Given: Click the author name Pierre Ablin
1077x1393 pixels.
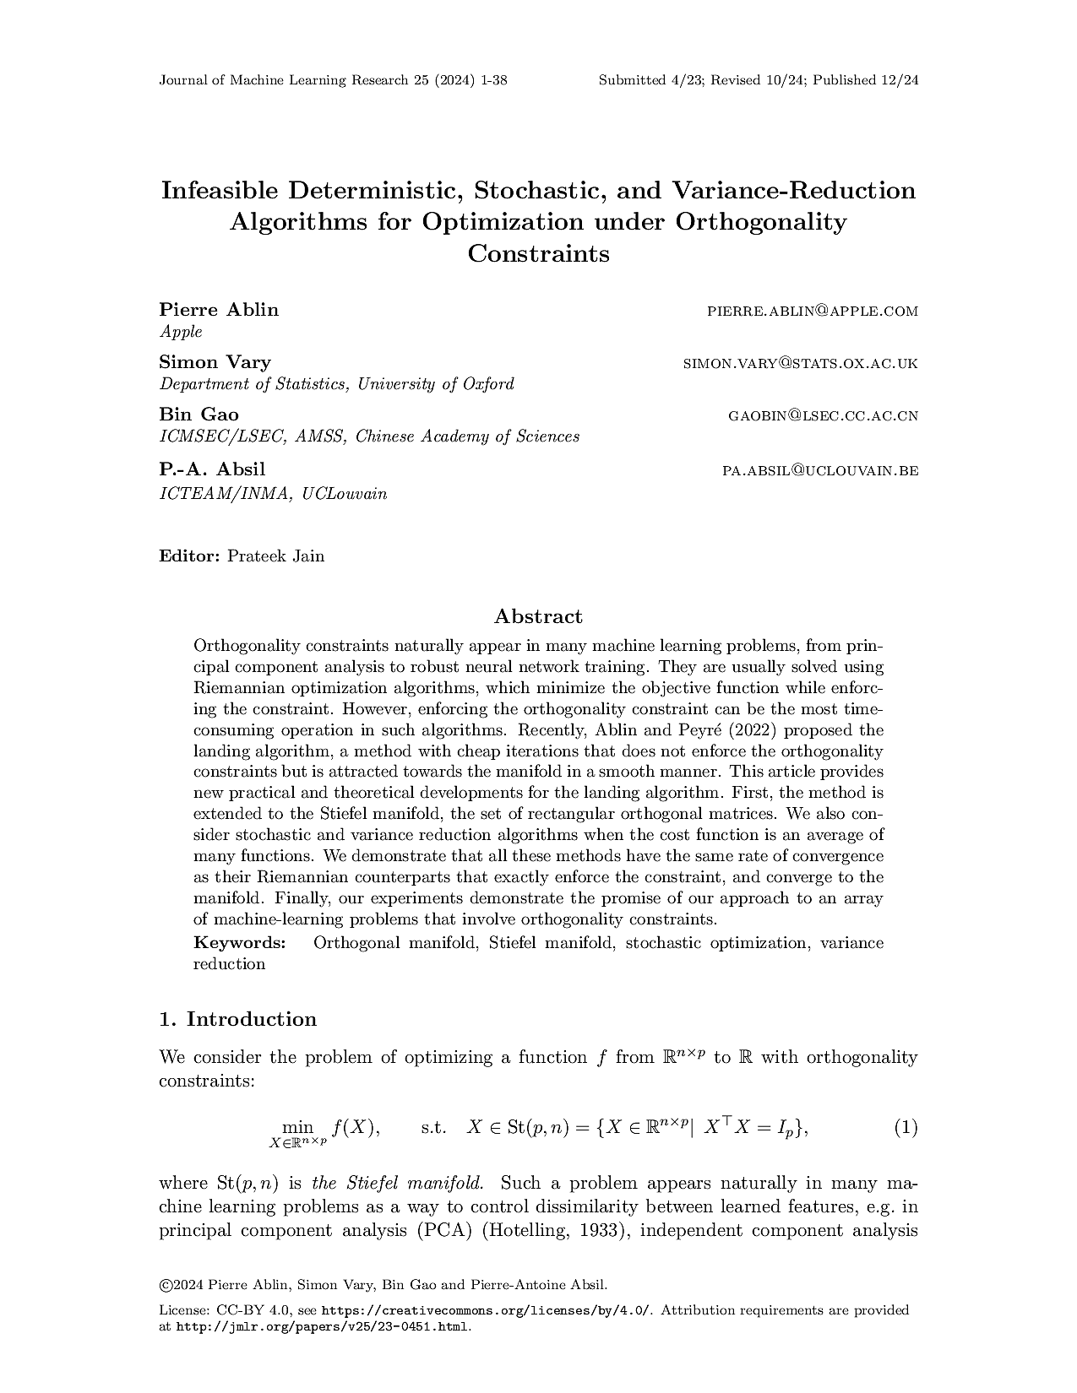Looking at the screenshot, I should pos(219,310).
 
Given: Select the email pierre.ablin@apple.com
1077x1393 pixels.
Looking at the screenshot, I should pos(812,312).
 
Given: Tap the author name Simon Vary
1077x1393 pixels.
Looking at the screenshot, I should pos(215,362).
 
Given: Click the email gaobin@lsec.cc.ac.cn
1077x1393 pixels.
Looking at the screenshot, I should pos(823,416).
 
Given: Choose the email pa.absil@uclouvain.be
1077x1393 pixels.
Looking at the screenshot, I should pos(819,470).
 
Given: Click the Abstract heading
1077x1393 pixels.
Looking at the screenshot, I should pos(538,616).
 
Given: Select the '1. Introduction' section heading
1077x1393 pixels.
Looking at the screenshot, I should pos(237,1019).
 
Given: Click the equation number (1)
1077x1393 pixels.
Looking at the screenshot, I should pos(905,1127).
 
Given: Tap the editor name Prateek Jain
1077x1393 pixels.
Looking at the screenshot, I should pos(275,556).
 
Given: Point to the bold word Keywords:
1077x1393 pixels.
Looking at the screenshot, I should pos(239,942).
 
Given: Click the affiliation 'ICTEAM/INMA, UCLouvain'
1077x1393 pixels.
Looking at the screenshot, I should pos(273,494).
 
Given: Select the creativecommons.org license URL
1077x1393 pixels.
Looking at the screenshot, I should pos(487,1310).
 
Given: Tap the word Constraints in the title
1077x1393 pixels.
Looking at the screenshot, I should pos(538,253).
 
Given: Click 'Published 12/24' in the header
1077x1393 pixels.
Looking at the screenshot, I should pos(865,80).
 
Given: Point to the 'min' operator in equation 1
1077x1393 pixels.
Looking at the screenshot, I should pos(297,1126).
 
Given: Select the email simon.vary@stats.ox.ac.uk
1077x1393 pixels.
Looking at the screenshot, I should pos(800,364).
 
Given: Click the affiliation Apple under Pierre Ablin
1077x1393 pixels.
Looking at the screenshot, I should pos(181,332).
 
